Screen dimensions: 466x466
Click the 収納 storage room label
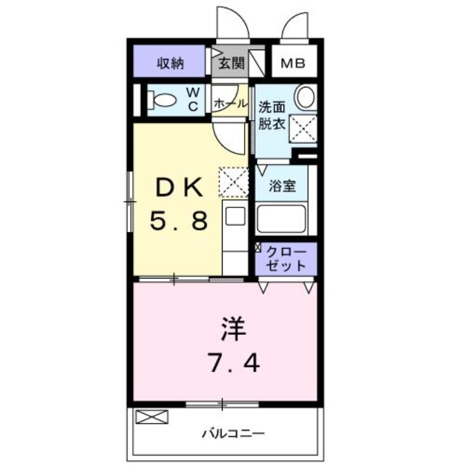pyautogui.click(x=170, y=63)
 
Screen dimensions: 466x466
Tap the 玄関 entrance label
pyautogui.click(x=231, y=63)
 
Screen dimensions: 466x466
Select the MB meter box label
pyautogui.click(x=294, y=63)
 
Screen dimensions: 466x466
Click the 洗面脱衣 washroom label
pyautogui.click(x=272, y=115)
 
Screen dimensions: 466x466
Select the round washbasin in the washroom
pyautogui.click(x=305, y=97)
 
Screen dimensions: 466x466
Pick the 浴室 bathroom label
pyautogui.click(x=283, y=186)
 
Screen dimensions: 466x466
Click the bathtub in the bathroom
pyautogui.click(x=283, y=219)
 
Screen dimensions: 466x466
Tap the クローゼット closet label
pyautogui.click(x=285, y=259)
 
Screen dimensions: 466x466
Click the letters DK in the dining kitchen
pyautogui.click(x=178, y=188)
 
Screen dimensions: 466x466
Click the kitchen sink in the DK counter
pyautogui.click(x=235, y=217)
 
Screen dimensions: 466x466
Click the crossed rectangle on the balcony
pyautogui.click(x=151, y=416)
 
